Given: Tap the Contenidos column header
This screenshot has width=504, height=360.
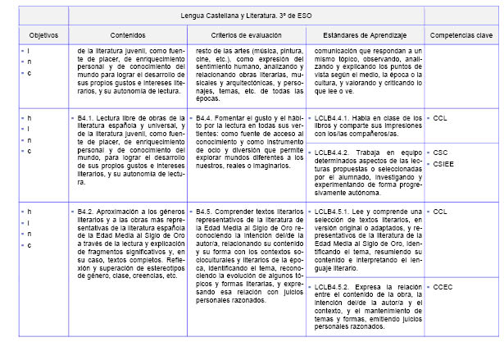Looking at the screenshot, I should coord(126,36).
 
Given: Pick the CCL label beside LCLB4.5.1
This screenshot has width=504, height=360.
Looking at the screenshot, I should coord(441,212).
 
